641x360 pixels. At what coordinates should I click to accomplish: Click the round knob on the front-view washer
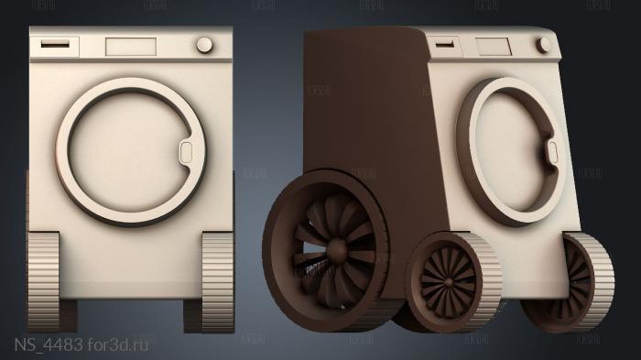[204, 45]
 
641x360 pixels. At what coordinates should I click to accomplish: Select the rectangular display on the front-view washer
[132, 46]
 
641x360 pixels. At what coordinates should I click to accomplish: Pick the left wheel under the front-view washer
[44, 278]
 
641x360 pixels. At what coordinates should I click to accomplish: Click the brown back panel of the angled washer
[362, 110]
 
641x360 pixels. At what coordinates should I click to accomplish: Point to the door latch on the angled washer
[553, 152]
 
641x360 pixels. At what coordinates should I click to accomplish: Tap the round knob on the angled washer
[545, 45]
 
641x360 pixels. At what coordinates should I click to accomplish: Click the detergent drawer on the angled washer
[446, 43]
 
